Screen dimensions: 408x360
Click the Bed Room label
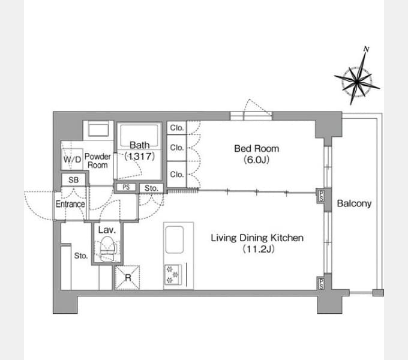tap(257, 149)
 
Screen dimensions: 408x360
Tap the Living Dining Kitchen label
tap(257, 238)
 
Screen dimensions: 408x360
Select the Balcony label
tap(354, 203)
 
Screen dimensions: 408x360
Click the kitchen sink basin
tap(175, 239)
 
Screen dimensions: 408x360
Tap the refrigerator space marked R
tap(127, 278)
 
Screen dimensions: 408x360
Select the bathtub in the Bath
tap(139, 136)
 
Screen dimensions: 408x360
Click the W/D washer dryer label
tap(73, 159)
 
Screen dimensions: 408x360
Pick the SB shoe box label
tap(74, 180)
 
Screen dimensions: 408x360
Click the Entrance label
tap(70, 204)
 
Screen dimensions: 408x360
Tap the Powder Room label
tap(98, 160)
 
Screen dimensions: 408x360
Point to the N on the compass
tap(367, 49)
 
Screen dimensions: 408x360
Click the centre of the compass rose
tap(357, 82)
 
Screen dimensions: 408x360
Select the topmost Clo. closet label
tap(177, 128)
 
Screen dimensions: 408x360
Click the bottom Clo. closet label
tap(177, 174)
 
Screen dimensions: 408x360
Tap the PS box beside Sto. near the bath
tap(126, 187)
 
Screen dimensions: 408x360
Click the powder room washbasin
tap(98, 130)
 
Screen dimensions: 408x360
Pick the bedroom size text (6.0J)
tap(257, 160)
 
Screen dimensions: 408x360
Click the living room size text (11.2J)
tap(258, 249)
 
